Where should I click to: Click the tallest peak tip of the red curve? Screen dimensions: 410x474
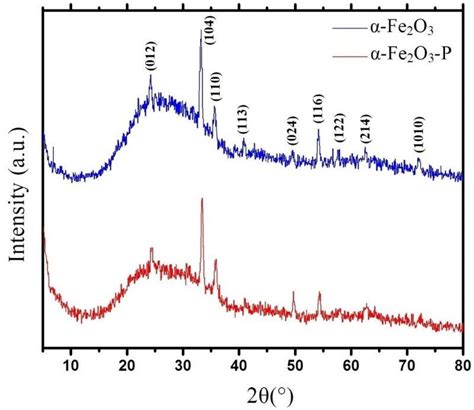click(203, 199)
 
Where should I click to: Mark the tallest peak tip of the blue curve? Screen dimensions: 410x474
click(200, 30)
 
